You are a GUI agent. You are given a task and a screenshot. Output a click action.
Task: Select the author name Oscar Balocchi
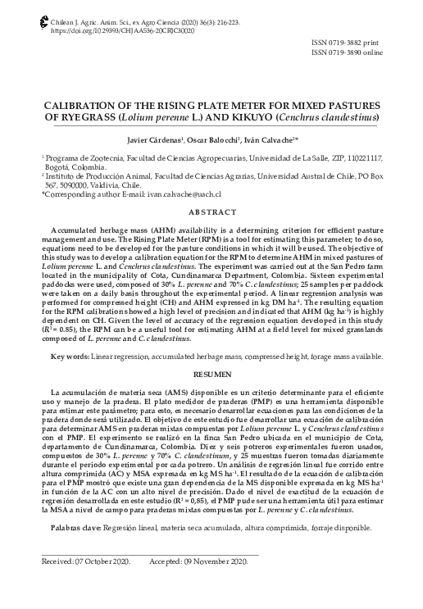[x=212, y=141]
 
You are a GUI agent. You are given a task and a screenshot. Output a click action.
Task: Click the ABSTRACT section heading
[x=211, y=213]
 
